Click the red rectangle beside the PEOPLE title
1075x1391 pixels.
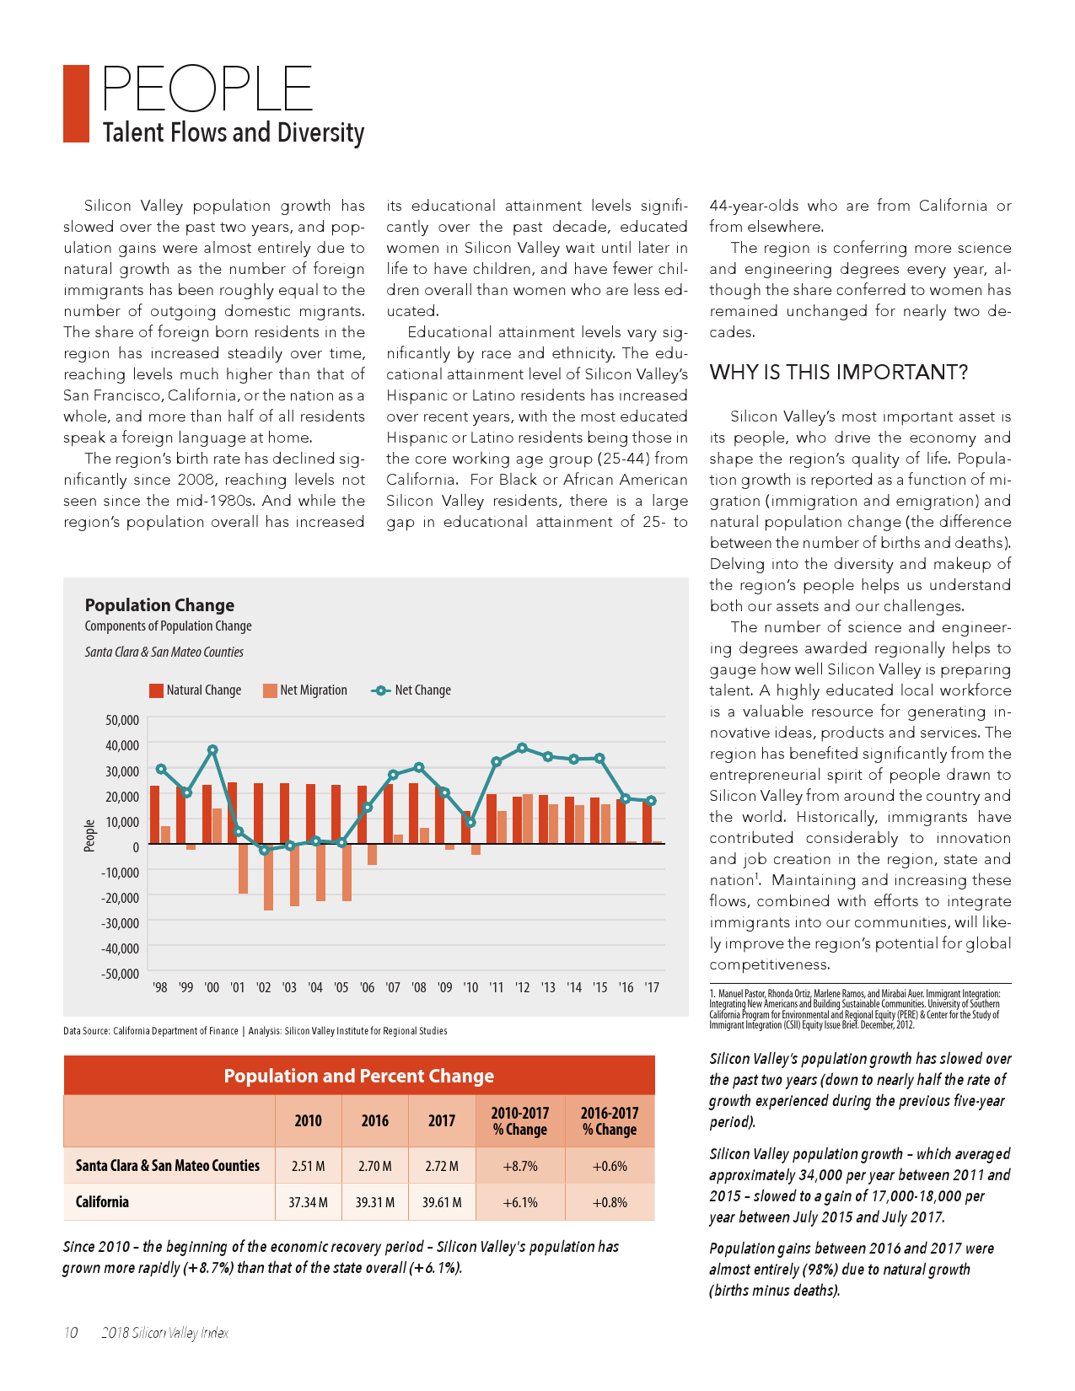pos(76,104)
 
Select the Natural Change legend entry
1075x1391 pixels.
pos(195,690)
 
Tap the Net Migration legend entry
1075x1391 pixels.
pos(304,690)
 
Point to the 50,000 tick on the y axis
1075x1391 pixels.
pos(122,720)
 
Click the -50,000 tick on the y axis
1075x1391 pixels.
pos(121,974)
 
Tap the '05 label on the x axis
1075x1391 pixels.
pos(341,987)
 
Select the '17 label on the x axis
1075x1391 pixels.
pos(651,987)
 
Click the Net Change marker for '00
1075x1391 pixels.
pos(212,749)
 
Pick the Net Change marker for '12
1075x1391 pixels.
pos(523,748)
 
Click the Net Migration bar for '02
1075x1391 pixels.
pos(268,877)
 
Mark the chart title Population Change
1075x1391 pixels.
pos(159,605)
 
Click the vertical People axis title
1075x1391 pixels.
pos(90,835)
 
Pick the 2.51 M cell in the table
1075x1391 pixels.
pos(308,1167)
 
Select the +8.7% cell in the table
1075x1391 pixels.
pos(519,1167)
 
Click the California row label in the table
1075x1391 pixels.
pos(102,1202)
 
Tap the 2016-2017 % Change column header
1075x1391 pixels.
pos(609,1121)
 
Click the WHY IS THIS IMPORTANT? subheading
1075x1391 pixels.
pos(838,373)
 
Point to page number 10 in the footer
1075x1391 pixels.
pos(71,1333)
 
